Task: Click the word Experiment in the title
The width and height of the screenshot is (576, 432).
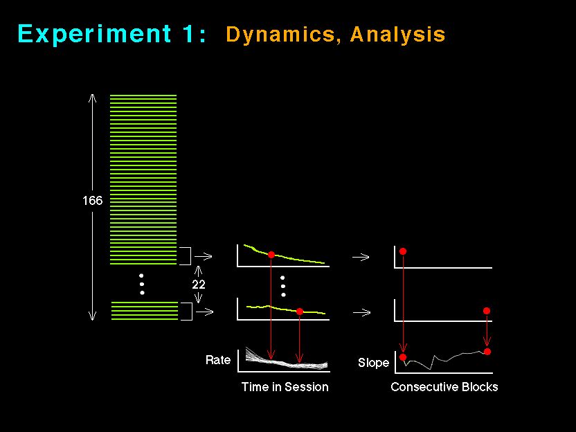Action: click(94, 34)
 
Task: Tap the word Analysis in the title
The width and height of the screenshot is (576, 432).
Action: click(398, 35)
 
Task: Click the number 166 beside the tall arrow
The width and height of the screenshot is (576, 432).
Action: click(93, 201)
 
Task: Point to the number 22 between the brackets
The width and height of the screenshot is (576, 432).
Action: click(199, 285)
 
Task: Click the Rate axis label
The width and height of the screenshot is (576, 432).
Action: click(218, 360)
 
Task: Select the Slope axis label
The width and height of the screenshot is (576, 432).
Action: click(373, 363)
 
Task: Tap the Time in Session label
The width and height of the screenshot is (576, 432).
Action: click(285, 387)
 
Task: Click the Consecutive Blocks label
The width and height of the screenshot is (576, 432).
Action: click(444, 387)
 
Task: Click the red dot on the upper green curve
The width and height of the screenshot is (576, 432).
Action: click(271, 255)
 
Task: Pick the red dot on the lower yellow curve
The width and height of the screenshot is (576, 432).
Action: click(299, 312)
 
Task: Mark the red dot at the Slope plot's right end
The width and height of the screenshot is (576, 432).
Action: click(487, 352)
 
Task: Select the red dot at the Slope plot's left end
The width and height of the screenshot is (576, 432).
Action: click(403, 357)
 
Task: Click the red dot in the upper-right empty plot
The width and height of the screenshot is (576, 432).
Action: click(403, 251)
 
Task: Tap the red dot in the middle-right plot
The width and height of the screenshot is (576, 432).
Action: click(487, 311)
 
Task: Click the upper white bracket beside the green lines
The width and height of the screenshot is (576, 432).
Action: click(190, 256)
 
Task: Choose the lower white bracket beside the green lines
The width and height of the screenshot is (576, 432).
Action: click(192, 312)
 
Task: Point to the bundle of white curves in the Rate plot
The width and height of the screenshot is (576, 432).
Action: click(286, 361)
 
